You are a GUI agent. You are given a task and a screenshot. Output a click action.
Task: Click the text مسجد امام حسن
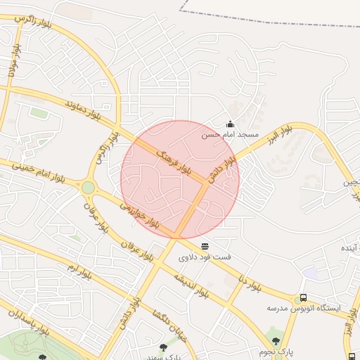pos(231,134)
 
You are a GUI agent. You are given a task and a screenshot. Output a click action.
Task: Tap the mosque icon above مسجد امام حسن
pos(230,124)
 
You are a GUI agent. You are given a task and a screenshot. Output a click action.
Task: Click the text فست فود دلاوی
pos(205,257)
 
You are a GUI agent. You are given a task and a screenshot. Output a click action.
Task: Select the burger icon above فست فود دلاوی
pos(205,246)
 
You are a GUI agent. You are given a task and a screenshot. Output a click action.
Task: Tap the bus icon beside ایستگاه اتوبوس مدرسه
pos(303,297)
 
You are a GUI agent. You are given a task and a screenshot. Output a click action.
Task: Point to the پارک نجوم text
pos(275,351)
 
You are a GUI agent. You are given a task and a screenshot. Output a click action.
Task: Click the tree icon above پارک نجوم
pos(275,341)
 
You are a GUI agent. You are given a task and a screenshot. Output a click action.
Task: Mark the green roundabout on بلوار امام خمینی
pos(88,187)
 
